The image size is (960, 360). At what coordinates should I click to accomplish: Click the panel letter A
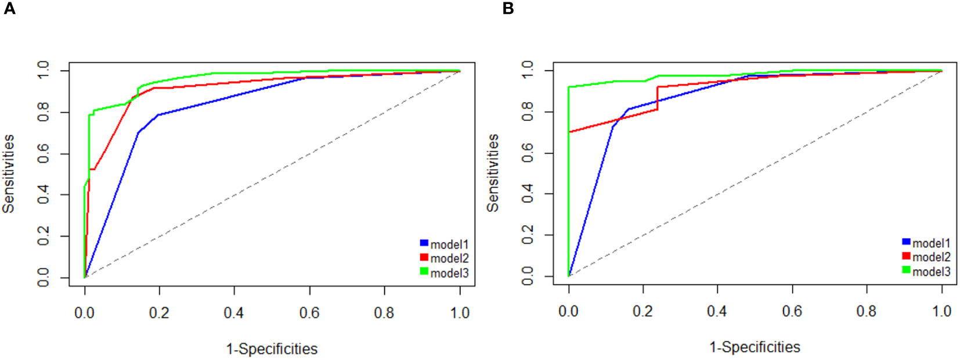coord(9,9)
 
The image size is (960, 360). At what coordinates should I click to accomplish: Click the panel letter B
coord(508,9)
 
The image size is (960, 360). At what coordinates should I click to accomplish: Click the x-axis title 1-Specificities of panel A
coord(272,349)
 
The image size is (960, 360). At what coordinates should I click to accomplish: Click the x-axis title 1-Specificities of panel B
coord(755,347)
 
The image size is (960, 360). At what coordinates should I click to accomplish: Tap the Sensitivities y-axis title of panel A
coord(8,174)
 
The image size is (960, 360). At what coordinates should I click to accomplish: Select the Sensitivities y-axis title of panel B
coord(493,172)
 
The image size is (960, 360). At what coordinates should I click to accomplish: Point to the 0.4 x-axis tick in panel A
coord(234,313)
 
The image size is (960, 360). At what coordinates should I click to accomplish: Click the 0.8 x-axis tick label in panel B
coord(867,312)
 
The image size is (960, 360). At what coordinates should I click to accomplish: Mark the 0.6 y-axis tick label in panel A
coord(44,154)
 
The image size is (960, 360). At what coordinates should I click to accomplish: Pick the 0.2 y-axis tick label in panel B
coord(528,235)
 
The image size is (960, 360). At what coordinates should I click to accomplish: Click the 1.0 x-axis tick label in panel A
coord(460,313)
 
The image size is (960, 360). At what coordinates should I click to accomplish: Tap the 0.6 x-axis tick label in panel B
coord(792,312)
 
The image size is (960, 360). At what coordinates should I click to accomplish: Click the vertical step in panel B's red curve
coord(658,98)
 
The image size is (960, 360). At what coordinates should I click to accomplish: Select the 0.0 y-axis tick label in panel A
coord(44,277)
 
